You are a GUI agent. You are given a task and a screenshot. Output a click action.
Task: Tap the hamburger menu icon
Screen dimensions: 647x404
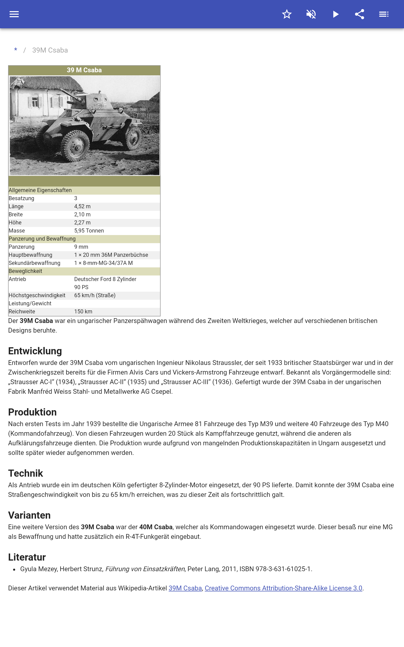(14, 14)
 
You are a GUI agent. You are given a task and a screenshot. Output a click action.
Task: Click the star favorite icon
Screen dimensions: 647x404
(287, 14)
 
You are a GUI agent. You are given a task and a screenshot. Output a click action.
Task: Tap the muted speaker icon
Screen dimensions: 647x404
(311, 14)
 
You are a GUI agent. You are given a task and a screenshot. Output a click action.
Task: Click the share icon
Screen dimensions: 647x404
(360, 14)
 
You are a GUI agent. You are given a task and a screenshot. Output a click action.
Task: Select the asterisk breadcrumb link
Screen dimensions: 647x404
(16, 50)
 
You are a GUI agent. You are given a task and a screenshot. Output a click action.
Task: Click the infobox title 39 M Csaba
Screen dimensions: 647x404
(84, 70)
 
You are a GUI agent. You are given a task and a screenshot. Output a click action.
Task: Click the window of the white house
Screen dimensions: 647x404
(35, 102)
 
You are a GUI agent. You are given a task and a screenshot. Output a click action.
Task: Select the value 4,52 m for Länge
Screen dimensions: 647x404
(82, 206)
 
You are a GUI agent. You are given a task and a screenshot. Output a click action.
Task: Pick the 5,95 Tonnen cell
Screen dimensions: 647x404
(89, 231)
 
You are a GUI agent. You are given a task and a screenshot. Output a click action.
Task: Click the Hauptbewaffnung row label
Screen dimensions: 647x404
(31, 255)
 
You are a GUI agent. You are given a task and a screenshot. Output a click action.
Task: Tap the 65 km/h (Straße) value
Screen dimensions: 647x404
(95, 295)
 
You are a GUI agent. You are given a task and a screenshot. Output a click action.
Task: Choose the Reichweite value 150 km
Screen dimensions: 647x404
(83, 312)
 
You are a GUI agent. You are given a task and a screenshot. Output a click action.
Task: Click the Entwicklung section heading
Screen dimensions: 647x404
(35, 351)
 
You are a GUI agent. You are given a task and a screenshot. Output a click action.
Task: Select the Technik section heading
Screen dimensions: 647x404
(26, 473)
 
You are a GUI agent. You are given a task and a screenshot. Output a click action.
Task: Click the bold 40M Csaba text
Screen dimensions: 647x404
(156, 527)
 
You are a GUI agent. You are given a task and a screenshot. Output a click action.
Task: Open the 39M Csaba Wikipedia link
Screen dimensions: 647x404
(185, 588)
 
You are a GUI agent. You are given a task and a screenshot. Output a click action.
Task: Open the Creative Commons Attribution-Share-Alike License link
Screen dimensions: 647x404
(283, 588)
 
